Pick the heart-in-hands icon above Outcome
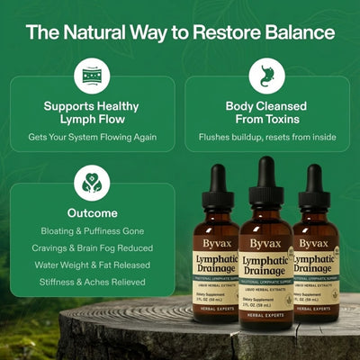(91, 184)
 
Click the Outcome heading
(91, 213)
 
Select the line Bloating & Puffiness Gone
(91, 231)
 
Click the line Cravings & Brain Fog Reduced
(91, 248)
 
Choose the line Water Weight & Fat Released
(91, 266)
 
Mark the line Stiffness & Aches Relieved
(91, 283)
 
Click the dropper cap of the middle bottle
(265, 180)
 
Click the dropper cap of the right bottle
(315, 186)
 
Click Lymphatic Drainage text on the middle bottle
(265, 267)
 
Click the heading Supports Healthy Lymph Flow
(91, 112)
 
